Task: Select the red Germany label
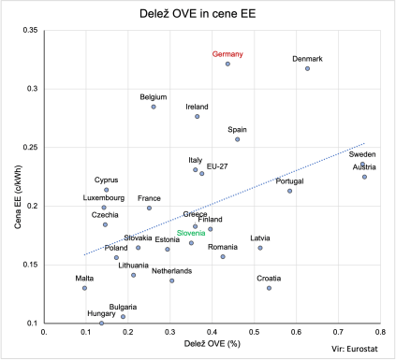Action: pos(227,54)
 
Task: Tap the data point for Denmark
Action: pos(307,69)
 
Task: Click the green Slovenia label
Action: pos(192,233)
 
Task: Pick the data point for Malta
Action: pos(84,288)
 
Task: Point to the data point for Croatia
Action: pos(269,288)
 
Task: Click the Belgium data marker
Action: pos(154,107)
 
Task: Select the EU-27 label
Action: pos(217,166)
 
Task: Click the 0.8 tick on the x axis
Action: pos(380,331)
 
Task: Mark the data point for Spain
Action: pos(237,139)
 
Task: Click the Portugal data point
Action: pos(290,191)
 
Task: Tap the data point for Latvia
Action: pos(260,248)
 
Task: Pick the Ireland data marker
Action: pos(198,116)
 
